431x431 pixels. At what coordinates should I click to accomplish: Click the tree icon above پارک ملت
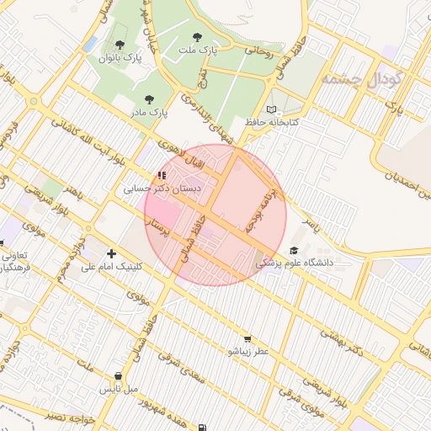[x=197, y=37]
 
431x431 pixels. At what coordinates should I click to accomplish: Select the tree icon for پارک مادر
[x=150, y=98]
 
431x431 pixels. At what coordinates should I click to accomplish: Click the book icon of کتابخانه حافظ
[x=270, y=109]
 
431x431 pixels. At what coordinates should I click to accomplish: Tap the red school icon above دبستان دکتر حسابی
[x=161, y=175]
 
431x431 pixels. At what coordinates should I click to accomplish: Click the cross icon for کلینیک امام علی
[x=111, y=253]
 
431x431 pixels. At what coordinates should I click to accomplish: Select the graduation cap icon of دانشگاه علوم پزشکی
[x=294, y=250]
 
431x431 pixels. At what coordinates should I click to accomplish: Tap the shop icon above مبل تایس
[x=118, y=375]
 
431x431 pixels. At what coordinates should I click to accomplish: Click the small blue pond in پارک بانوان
[x=90, y=43]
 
